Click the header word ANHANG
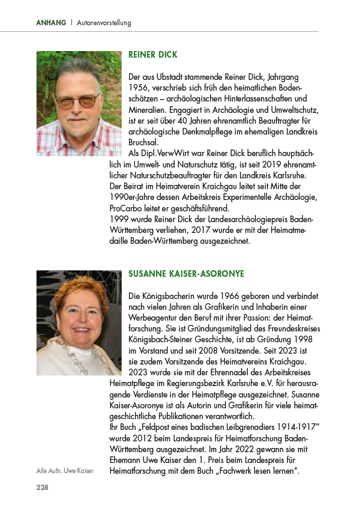pos(50,23)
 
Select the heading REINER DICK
pos(153,55)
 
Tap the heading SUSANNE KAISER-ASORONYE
pos(187,274)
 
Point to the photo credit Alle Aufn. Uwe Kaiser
pos(65,471)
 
